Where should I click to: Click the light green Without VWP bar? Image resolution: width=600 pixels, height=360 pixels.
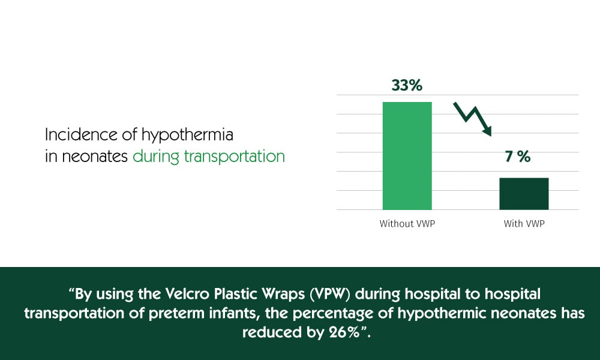tap(407, 156)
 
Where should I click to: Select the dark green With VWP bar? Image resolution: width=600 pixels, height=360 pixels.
tap(524, 193)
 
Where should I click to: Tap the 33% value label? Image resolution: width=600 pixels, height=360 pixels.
tap(407, 85)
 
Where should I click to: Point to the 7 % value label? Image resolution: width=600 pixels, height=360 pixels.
tap(518, 157)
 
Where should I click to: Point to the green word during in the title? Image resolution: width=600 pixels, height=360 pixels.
tap(155, 157)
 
